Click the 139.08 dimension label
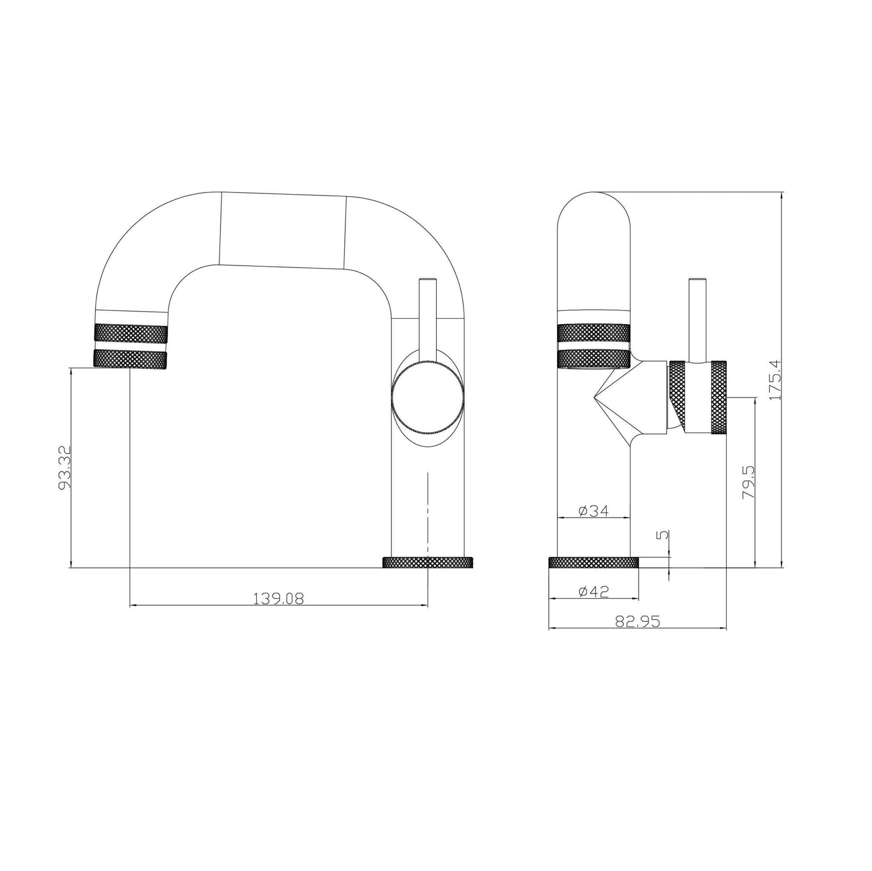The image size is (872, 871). click(x=278, y=599)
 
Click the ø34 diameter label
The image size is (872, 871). click(x=594, y=511)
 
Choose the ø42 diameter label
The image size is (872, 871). click(x=594, y=591)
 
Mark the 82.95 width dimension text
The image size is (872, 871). click(x=637, y=622)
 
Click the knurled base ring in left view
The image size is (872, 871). click(x=427, y=563)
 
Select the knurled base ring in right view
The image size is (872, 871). click(x=593, y=563)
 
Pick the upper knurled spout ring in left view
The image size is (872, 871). click(x=130, y=333)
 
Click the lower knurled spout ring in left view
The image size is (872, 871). click(x=130, y=360)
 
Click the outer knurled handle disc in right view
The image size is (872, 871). click(x=719, y=398)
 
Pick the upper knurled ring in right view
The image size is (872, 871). click(x=594, y=333)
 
